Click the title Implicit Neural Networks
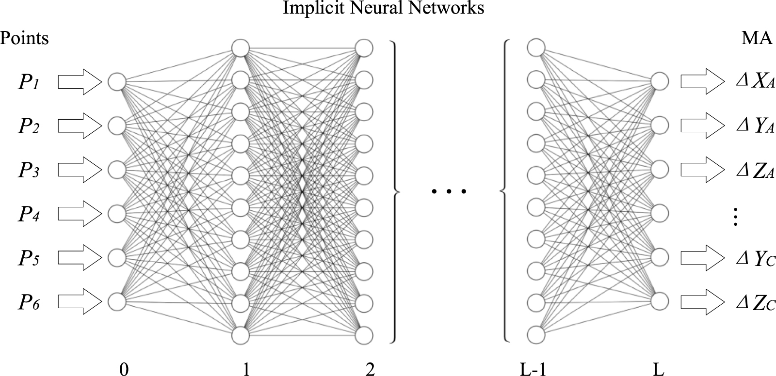[x=384, y=8]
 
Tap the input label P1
[x=29, y=83]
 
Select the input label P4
[x=29, y=214]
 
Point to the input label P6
[x=29, y=302]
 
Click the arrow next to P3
[x=80, y=170]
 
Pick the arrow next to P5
[x=80, y=258]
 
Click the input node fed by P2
[x=117, y=125]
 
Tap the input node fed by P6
[x=117, y=301]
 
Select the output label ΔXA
[x=755, y=82]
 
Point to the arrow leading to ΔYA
[x=703, y=125]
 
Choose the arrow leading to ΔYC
[x=703, y=258]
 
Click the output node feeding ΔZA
[x=660, y=170]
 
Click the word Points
[x=24, y=38]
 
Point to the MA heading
[x=757, y=38]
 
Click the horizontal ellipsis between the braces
[x=449, y=191]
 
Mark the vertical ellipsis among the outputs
[x=735, y=217]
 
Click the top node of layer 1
[x=241, y=48]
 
